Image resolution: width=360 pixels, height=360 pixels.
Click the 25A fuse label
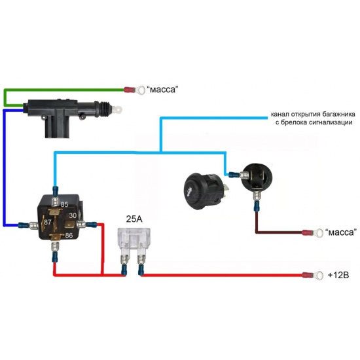(134, 219)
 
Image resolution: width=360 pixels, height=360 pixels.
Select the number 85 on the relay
(65, 204)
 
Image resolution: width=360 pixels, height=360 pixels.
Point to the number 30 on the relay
(73, 215)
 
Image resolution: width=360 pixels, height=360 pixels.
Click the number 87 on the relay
(48, 222)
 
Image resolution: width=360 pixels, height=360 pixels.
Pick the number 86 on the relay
(69, 236)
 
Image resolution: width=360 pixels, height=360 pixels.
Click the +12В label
(338, 275)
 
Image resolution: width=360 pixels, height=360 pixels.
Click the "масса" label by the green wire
(162, 89)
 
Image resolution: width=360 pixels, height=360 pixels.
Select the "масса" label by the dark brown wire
(341, 232)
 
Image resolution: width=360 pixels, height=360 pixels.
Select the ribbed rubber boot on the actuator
(105, 108)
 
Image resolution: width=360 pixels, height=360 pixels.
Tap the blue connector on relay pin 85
(56, 190)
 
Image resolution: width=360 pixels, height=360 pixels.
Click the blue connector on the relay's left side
(23, 225)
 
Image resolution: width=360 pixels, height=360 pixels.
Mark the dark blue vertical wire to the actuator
(4, 168)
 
